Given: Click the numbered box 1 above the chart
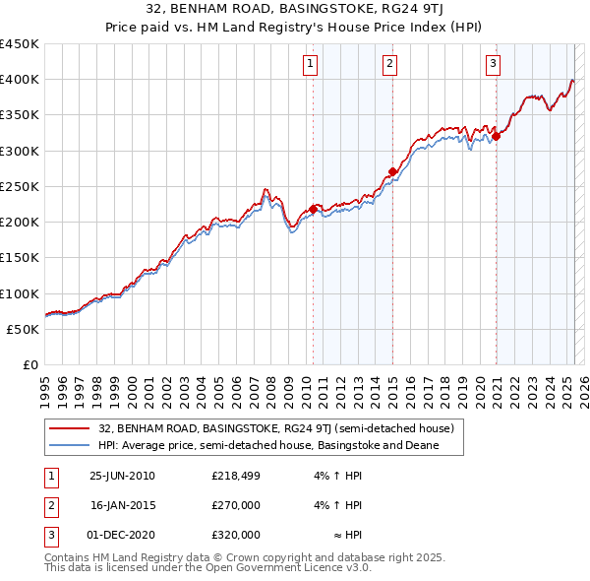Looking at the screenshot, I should tap(310, 65).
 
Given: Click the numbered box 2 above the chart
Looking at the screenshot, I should tap(389, 65).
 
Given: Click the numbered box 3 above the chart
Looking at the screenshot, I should tap(493, 65).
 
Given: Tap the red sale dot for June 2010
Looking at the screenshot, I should tap(314, 209).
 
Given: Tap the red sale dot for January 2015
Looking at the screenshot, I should tap(392, 171).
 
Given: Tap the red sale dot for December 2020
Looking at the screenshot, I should tap(497, 136).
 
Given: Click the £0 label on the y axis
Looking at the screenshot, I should tap(29, 365).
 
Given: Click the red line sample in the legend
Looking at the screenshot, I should tap(69, 429).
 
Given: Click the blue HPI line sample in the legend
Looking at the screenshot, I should tap(69, 446).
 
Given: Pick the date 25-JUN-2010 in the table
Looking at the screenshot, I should tap(122, 476).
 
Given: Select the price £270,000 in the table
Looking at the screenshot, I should tap(236, 505).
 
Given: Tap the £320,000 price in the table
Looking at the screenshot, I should tap(236, 535).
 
